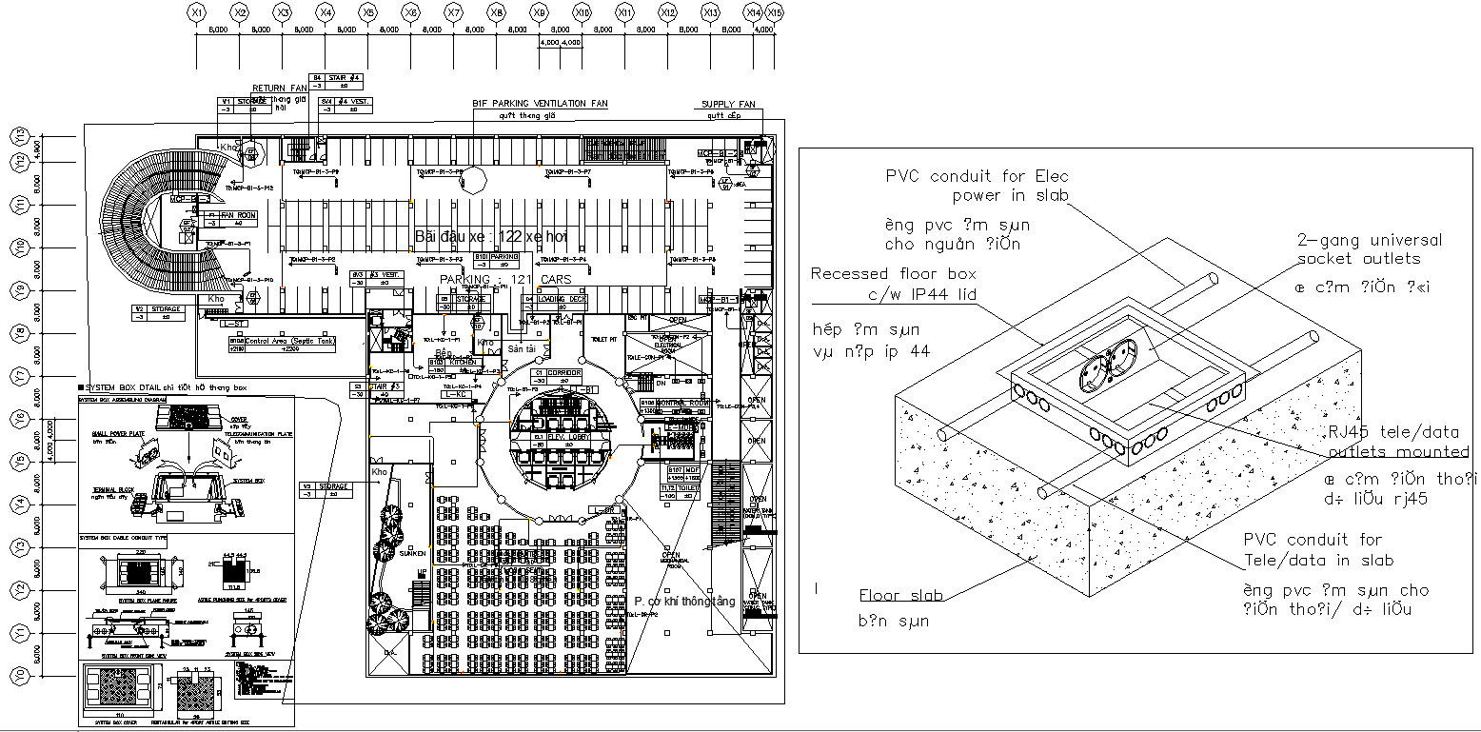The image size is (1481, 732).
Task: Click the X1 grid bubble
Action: (x=196, y=12)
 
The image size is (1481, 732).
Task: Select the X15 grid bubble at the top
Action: (x=775, y=12)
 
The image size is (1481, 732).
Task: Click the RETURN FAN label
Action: (x=280, y=89)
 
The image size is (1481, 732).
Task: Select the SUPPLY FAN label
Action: (x=728, y=104)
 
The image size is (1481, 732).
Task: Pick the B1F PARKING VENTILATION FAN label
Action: (x=540, y=104)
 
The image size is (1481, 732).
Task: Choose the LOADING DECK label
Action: (x=561, y=299)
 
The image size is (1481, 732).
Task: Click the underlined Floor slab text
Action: (x=900, y=596)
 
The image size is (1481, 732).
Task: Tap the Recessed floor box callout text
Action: (x=893, y=284)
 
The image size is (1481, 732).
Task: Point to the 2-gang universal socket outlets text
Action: (x=1369, y=248)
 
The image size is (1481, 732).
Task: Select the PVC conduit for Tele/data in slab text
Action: (x=1318, y=550)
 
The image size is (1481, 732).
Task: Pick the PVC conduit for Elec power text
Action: (x=977, y=186)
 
